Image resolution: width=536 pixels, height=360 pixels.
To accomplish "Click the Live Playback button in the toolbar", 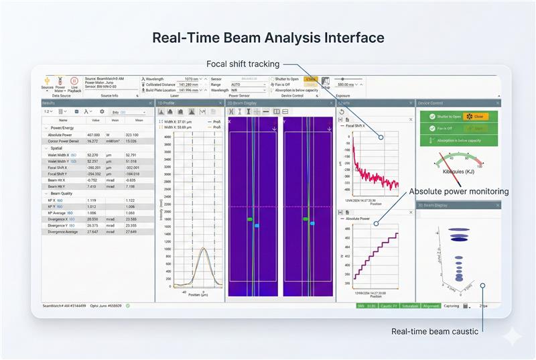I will (74, 83).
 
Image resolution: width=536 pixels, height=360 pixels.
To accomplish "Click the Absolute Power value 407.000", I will (93, 134).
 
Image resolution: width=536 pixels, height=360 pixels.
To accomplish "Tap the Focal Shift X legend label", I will (358, 125).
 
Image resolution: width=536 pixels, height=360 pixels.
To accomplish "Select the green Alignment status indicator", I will (431, 306).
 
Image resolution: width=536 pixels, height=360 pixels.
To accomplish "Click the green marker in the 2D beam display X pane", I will (249, 219).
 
